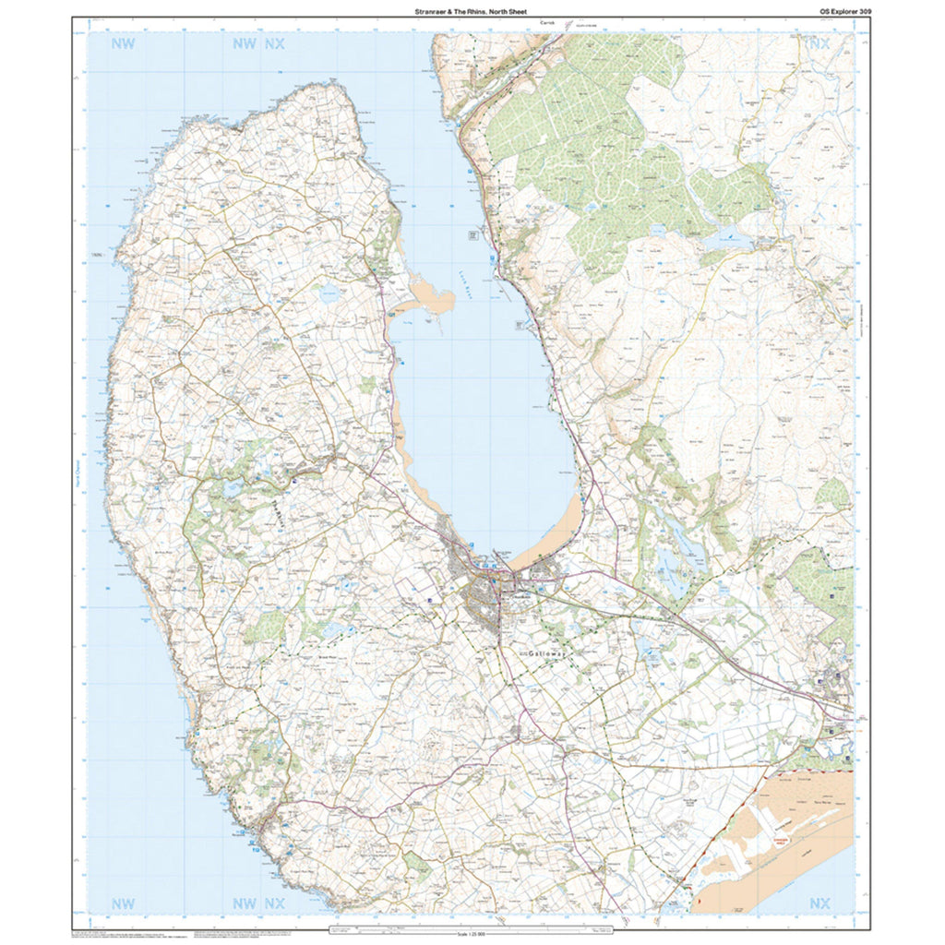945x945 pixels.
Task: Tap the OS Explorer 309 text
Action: (837, 11)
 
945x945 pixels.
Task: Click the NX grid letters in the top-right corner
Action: (818, 44)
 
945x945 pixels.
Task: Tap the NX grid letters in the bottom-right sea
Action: (818, 903)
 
